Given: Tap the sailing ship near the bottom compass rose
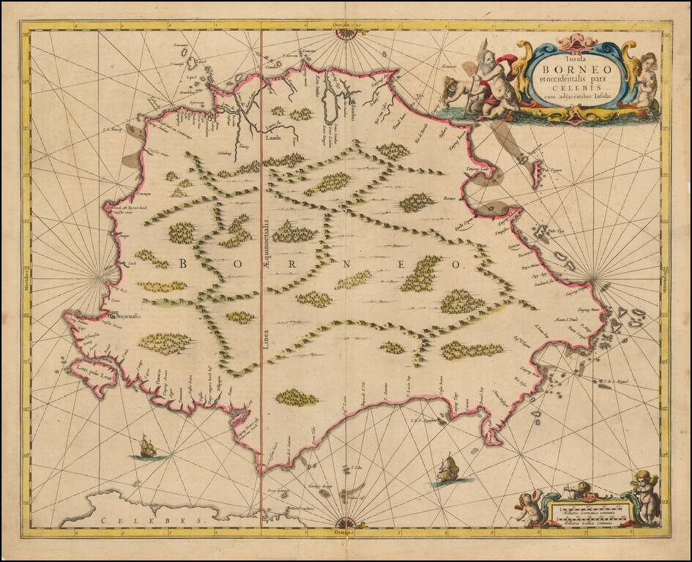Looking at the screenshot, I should [x=447, y=470].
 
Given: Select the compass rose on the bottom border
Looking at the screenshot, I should [x=346, y=522].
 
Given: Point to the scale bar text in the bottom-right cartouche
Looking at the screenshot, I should [x=582, y=512].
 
